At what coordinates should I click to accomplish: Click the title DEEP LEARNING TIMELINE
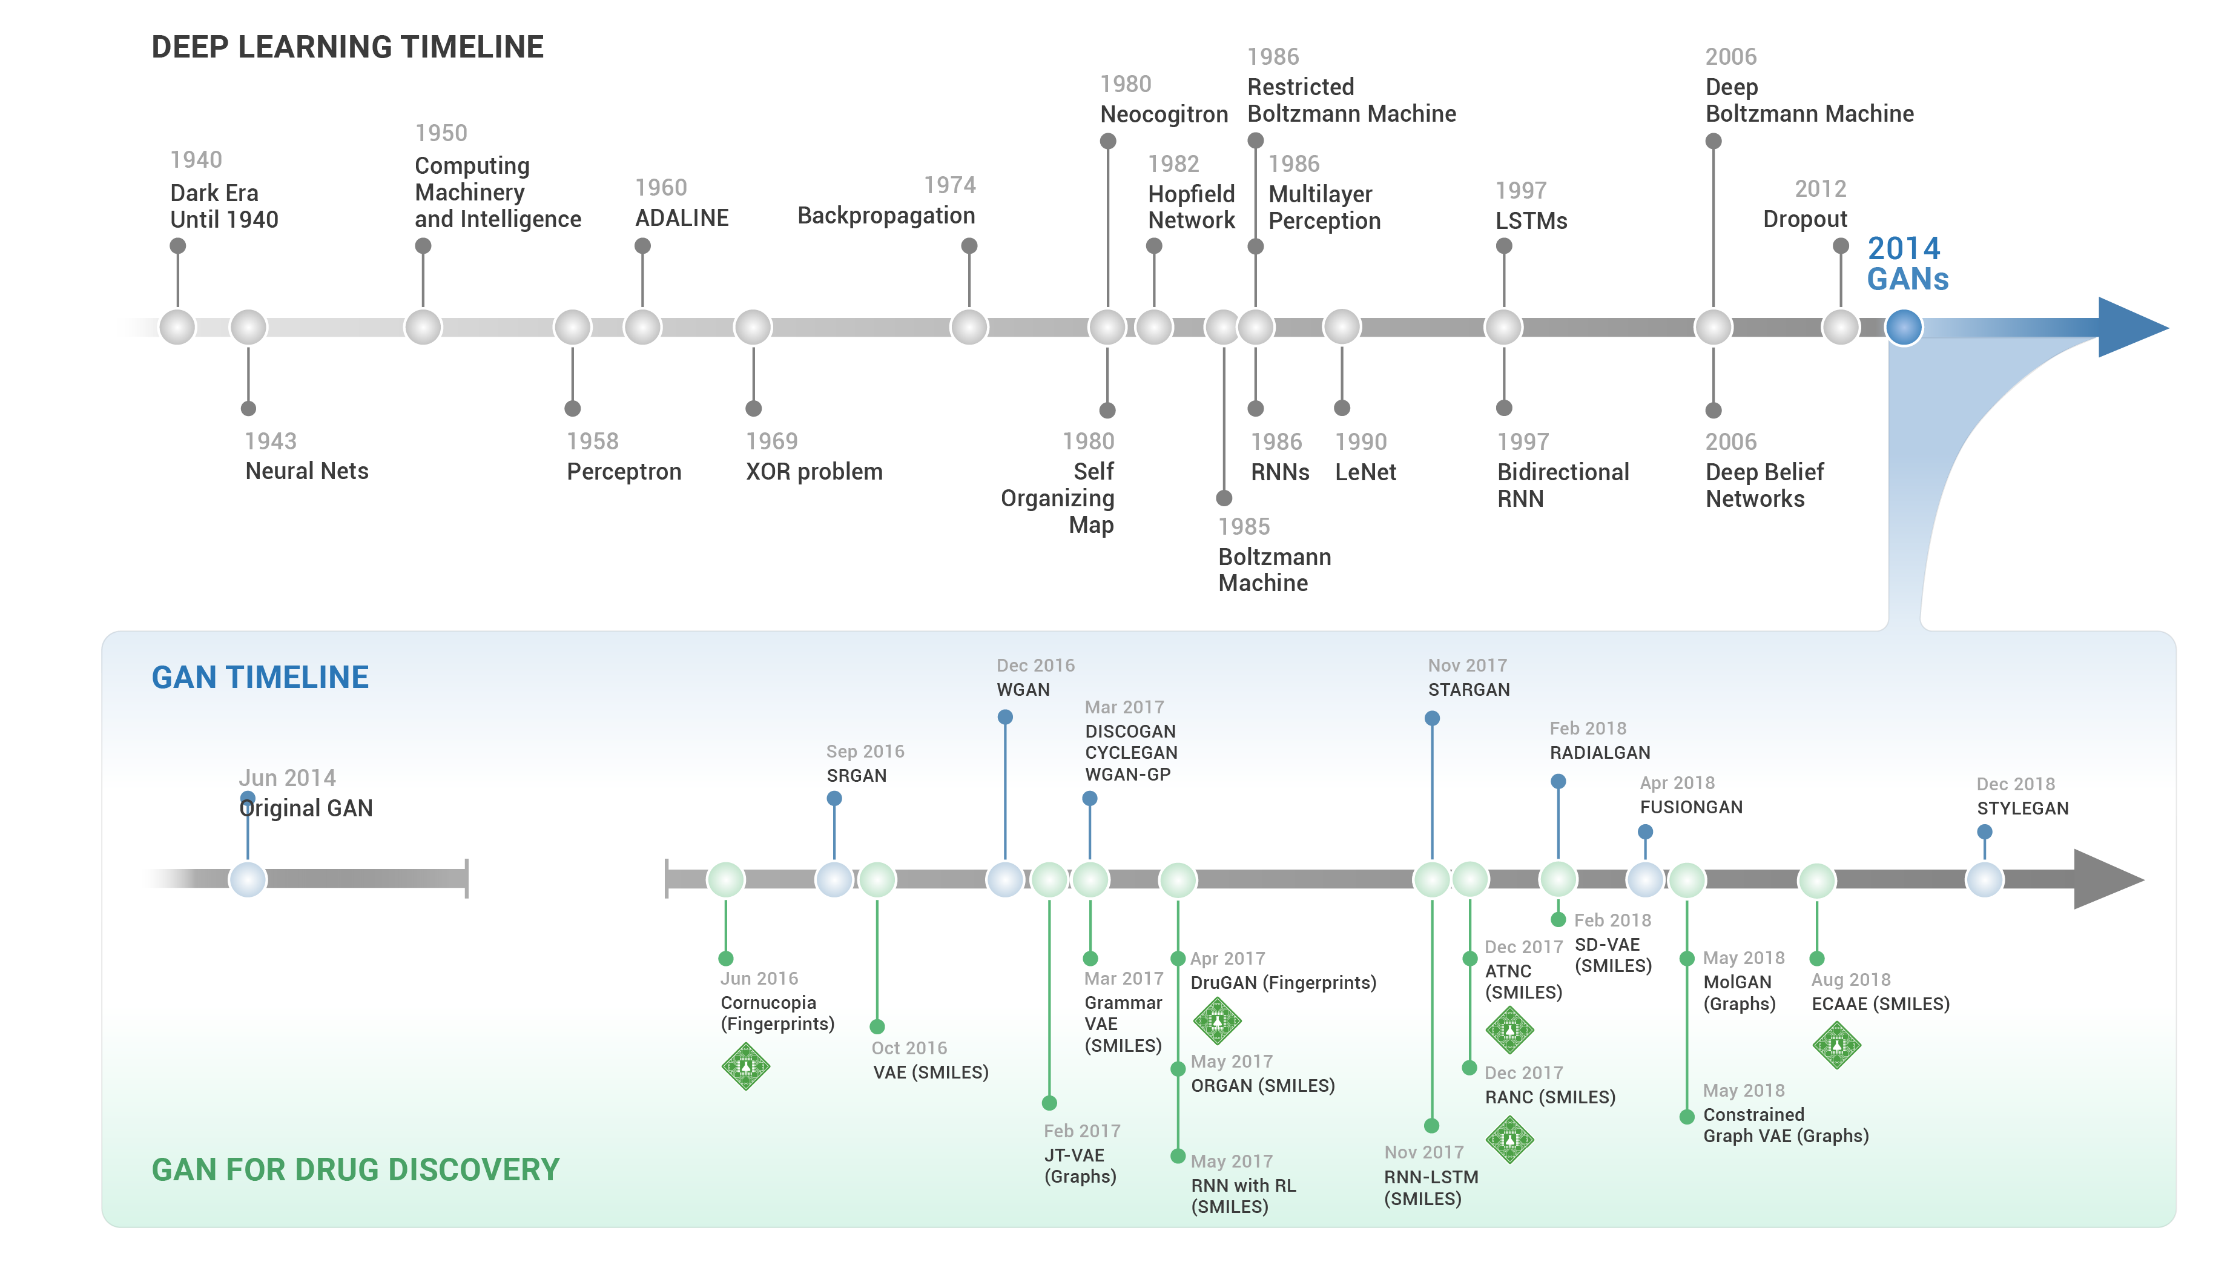click(347, 47)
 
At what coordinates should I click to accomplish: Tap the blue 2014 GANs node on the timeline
click(1904, 328)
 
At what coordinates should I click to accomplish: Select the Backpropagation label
click(885, 215)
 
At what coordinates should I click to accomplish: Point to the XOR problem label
click(813, 472)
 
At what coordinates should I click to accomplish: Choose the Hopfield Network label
click(1190, 207)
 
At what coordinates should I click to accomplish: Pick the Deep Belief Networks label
click(1763, 486)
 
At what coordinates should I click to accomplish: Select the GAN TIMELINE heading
click(260, 677)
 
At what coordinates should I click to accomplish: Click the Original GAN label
click(306, 808)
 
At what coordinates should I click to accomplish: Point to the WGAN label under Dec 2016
click(1022, 690)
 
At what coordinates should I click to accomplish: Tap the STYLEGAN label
click(2022, 808)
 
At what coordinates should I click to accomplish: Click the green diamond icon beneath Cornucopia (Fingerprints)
click(745, 1066)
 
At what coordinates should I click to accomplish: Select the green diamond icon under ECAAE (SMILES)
click(1836, 1045)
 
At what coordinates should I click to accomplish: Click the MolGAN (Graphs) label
click(1738, 993)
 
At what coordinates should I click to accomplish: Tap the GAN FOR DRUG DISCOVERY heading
click(355, 1169)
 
